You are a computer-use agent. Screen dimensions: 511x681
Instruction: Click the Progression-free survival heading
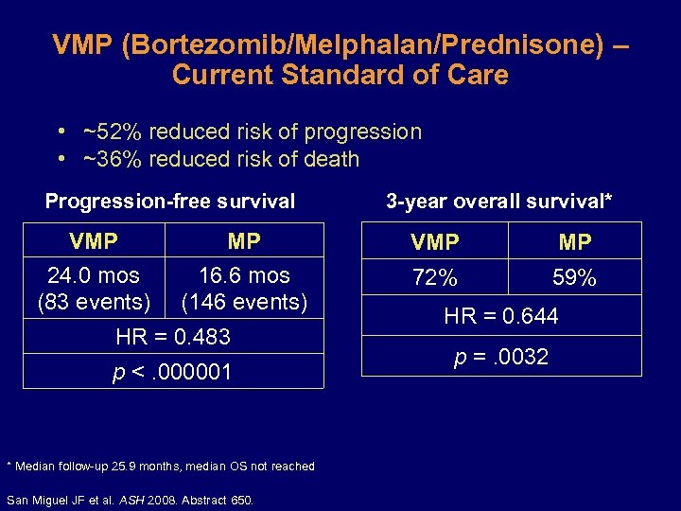(170, 201)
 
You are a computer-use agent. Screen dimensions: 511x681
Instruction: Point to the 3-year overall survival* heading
(498, 201)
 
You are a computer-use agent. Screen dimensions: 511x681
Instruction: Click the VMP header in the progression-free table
(94, 241)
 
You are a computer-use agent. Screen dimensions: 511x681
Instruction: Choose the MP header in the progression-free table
(244, 241)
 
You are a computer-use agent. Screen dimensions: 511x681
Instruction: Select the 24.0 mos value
(94, 275)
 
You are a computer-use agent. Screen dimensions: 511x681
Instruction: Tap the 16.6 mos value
(244, 275)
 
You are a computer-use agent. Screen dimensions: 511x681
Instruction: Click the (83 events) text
(94, 303)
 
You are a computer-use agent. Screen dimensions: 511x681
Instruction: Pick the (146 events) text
(244, 303)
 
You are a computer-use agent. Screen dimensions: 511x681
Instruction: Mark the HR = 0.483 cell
(172, 337)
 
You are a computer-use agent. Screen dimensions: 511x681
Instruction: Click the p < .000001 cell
(172, 372)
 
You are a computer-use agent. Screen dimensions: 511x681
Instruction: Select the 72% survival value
(434, 278)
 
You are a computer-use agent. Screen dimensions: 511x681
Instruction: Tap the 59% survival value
(574, 278)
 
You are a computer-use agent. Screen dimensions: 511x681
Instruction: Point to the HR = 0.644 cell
(501, 316)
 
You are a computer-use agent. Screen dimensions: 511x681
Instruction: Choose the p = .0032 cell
(501, 357)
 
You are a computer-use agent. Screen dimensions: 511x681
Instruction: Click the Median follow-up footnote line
(160, 466)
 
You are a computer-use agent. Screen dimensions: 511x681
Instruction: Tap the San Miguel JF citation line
(130, 500)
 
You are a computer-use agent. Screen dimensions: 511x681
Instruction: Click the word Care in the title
(480, 75)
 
